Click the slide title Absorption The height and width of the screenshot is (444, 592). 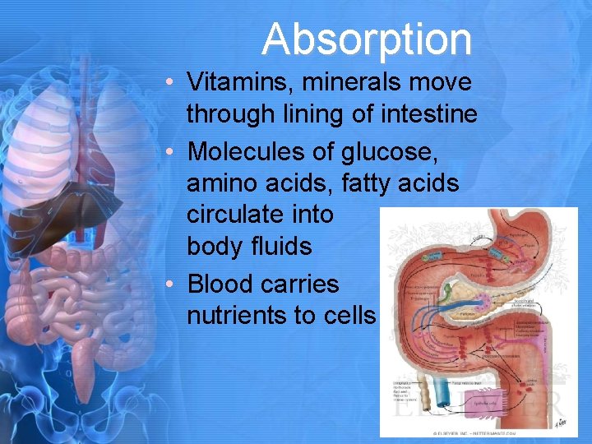tap(367, 39)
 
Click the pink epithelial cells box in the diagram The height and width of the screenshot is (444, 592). tap(485, 403)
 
